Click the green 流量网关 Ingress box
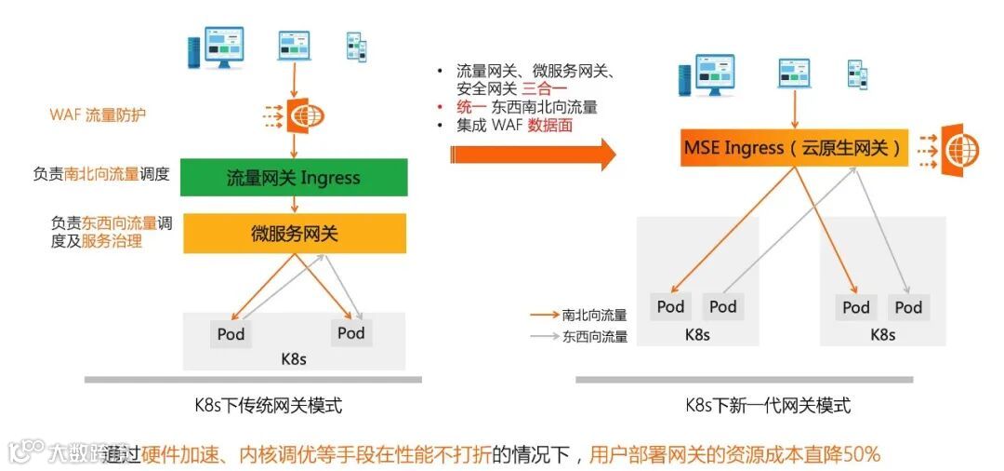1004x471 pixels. pos(293,177)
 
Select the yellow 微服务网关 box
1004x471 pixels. pos(294,234)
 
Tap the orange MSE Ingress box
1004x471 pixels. pos(794,148)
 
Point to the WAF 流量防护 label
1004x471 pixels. pos(98,115)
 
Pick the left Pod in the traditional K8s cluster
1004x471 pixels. pos(231,333)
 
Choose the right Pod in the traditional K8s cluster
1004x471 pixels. pos(351,332)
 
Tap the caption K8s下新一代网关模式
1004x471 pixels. pos(768,406)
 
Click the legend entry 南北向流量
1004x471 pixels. pos(594,316)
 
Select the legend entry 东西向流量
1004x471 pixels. pos(594,337)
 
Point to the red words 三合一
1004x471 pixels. pos(543,88)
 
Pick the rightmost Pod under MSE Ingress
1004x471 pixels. pos(908,307)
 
